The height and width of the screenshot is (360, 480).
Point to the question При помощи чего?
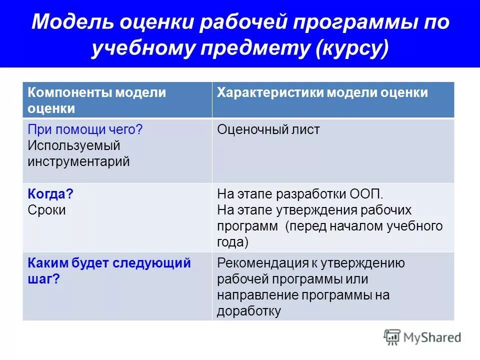[85, 130]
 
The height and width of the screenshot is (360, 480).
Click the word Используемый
[74, 145]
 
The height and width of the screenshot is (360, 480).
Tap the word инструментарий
[78, 161]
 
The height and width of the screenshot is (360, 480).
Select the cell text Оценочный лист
[268, 130]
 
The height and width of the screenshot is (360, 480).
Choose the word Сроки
[46, 210]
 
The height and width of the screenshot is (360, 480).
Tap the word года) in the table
[233, 242]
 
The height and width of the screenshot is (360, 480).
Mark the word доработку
[249, 311]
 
